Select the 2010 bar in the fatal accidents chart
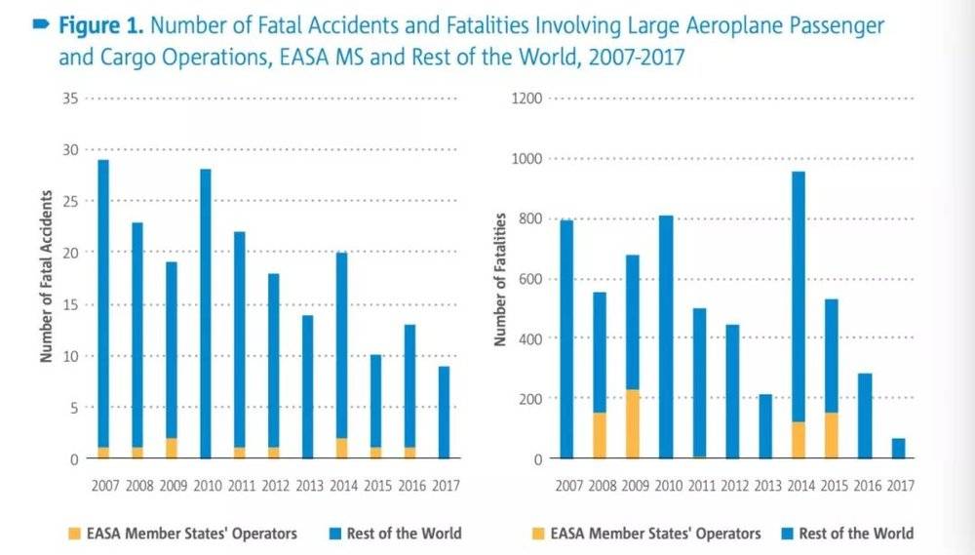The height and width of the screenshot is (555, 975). click(x=205, y=312)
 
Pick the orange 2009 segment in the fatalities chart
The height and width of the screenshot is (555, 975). click(x=633, y=424)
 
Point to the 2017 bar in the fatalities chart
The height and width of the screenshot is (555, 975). click(x=898, y=448)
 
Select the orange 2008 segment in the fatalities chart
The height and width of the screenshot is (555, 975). click(x=600, y=435)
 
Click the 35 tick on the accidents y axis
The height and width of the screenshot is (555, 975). click(x=69, y=99)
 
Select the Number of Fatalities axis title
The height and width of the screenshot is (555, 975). click(x=500, y=279)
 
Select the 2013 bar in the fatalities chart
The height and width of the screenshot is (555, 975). click(x=765, y=426)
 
